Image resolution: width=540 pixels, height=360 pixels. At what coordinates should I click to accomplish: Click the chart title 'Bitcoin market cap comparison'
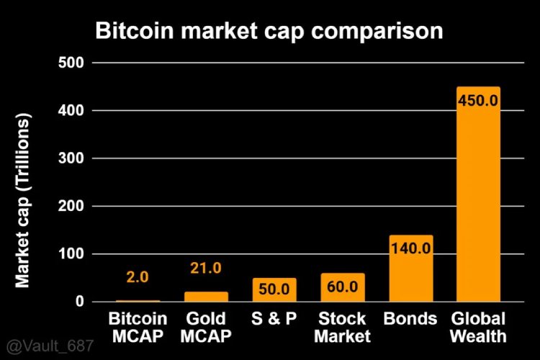269,32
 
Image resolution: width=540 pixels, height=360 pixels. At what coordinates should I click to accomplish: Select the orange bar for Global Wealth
478,209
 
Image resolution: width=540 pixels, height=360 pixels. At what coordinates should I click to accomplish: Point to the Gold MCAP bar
206,297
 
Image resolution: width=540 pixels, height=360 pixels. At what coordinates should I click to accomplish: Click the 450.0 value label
478,100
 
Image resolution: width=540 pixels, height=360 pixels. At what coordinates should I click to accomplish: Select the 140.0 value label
410,248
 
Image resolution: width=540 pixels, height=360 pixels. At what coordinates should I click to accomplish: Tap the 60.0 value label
343,287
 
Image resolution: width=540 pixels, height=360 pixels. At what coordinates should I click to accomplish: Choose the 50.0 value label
274,289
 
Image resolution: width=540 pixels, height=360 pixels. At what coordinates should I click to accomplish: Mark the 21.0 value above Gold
206,268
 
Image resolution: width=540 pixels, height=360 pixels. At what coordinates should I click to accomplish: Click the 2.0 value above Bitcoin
138,277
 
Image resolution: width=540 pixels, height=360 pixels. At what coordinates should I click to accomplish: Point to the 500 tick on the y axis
71,63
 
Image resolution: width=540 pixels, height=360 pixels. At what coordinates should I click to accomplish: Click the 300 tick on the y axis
71,158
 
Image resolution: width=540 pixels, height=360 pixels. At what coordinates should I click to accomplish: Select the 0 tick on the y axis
80,302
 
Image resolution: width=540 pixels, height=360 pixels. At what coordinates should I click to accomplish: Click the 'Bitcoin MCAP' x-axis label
138,327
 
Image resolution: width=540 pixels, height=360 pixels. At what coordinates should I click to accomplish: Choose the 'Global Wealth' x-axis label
478,327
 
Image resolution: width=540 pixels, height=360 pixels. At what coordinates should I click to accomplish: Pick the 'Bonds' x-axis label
410,318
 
